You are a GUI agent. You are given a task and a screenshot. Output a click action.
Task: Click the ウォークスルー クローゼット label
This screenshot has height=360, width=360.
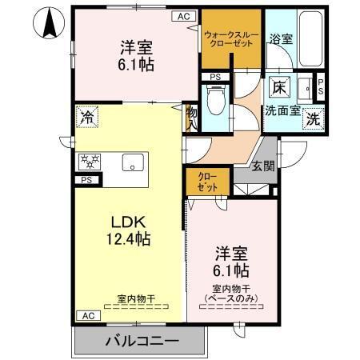(231, 39)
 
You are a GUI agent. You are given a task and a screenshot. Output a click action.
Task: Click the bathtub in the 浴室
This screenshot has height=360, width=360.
(310, 40)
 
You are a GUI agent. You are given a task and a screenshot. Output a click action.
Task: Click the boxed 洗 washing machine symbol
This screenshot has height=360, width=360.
(314, 117)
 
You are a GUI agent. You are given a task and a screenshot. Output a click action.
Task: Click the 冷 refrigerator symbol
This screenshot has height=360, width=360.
(86, 116)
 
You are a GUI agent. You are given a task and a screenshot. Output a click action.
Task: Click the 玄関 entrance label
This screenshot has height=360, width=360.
(263, 166)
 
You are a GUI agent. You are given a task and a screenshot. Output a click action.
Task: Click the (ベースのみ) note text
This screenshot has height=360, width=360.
(232, 299)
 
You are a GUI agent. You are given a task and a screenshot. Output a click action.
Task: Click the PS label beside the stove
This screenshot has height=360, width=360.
(85, 180)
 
